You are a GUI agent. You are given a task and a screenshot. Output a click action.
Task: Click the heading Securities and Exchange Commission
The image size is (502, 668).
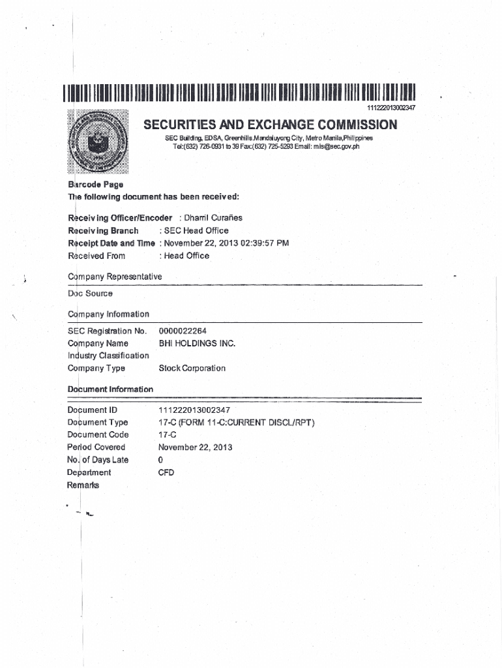269,125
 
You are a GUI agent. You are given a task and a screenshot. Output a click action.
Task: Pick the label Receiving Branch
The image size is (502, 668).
103,231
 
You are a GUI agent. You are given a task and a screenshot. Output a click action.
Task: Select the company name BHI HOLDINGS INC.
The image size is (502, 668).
197,343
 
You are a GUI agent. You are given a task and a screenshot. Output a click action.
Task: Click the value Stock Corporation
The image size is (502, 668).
192,369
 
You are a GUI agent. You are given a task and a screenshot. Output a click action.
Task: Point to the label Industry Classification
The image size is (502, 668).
108,356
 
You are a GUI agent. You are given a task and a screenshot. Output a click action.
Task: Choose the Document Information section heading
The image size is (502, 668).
110,389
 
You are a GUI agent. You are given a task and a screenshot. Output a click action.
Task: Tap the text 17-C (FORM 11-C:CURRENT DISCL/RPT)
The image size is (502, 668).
237,423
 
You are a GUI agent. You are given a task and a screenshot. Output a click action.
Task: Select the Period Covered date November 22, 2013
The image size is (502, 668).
195,448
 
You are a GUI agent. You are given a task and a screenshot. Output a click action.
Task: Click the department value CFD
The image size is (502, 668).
166,472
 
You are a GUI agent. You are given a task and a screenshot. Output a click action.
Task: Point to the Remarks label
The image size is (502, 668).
83,485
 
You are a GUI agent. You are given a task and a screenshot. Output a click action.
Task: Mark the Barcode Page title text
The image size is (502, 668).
96,185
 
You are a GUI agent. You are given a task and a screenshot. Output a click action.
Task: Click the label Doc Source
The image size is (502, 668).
90,294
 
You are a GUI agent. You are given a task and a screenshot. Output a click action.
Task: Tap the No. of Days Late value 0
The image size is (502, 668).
161,460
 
